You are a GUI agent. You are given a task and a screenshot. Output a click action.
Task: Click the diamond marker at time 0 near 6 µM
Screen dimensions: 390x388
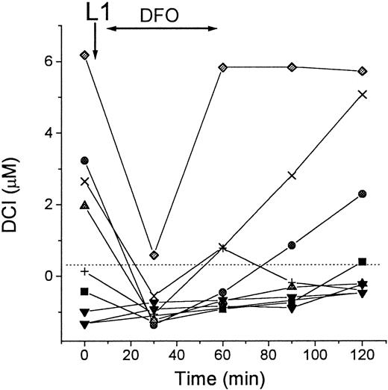[84, 55]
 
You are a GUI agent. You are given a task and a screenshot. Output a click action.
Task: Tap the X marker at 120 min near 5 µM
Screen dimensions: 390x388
[362, 94]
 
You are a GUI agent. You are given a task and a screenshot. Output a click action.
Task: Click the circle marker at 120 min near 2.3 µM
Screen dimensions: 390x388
[362, 194]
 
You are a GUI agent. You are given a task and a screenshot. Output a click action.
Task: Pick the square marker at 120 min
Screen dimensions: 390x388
[362, 261]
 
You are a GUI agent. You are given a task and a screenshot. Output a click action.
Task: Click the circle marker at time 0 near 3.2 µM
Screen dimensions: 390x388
[84, 161]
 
